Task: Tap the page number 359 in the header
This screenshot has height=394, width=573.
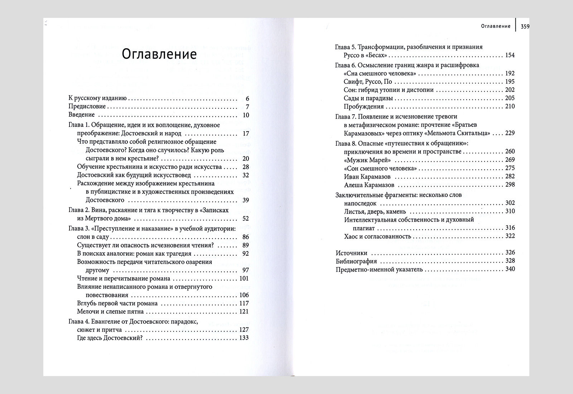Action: pos(525,26)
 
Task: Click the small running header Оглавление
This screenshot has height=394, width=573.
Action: pos(495,26)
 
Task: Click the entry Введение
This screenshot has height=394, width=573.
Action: pos(82,115)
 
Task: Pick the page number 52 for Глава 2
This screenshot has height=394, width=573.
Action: pos(245,218)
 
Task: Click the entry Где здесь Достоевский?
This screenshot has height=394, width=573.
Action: pos(110,338)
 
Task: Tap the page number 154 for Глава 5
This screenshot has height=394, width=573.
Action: pos(509,55)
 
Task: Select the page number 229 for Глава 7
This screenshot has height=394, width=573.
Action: pos(509,133)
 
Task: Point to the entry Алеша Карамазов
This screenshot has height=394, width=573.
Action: pos(369,185)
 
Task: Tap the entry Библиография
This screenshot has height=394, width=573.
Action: pos(356,261)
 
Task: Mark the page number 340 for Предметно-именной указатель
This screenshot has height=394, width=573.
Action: pos(509,269)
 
